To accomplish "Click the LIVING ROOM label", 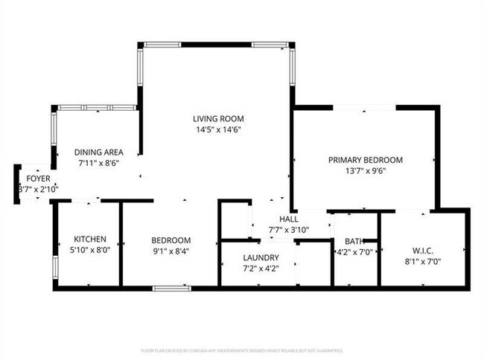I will tap(218, 118).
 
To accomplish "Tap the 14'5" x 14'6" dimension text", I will tap(218, 129).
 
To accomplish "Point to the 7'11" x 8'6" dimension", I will tap(99, 162).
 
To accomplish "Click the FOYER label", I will tap(38, 179).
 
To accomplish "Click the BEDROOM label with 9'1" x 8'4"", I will tap(171, 240).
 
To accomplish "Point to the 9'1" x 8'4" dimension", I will tap(171, 251).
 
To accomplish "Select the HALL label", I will tap(288, 219).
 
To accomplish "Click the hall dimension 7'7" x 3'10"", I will tap(288, 229).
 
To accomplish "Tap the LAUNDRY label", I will tap(260, 257).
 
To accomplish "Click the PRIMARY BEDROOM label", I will tap(366, 160).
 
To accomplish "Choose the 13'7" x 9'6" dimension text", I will tap(366, 170).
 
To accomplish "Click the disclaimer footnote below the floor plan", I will tap(242, 349).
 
